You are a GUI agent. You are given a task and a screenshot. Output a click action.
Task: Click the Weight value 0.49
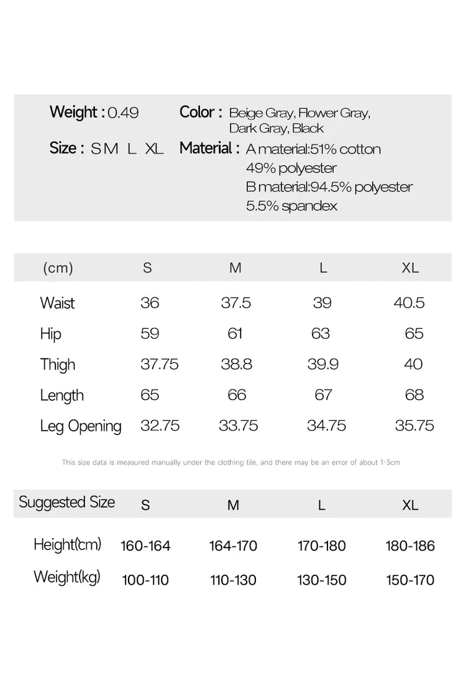(x=123, y=113)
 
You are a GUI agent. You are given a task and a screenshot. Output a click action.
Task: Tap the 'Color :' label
(x=201, y=112)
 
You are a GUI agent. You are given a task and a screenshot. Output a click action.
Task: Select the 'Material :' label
(x=209, y=149)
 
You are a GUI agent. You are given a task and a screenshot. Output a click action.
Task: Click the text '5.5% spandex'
(x=291, y=206)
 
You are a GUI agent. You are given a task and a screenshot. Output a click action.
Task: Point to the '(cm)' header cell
(x=58, y=268)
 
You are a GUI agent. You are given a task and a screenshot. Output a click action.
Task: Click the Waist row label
(x=57, y=303)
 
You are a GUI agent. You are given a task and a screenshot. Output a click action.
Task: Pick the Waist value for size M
(x=236, y=303)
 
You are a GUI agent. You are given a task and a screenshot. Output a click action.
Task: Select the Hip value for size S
(x=150, y=334)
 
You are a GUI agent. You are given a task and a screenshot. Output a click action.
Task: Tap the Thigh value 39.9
(x=323, y=364)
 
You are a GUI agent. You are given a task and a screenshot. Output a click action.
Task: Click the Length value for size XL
(x=414, y=395)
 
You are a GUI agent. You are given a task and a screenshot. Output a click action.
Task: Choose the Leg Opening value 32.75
(x=160, y=426)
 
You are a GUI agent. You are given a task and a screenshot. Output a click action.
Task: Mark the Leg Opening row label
(x=81, y=426)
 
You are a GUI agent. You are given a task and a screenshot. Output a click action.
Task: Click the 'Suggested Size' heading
(x=67, y=502)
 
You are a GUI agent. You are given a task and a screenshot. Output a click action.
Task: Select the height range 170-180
(x=322, y=546)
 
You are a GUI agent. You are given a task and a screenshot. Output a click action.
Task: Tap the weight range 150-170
(x=410, y=580)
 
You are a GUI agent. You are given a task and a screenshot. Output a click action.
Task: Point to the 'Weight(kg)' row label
(x=67, y=577)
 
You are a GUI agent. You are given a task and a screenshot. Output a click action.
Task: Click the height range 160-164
(x=145, y=546)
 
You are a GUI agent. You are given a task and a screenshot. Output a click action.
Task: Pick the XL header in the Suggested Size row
(x=410, y=505)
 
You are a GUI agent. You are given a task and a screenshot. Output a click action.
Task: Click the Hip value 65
(x=414, y=334)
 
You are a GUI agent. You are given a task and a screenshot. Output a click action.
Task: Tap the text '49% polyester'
(x=291, y=168)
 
